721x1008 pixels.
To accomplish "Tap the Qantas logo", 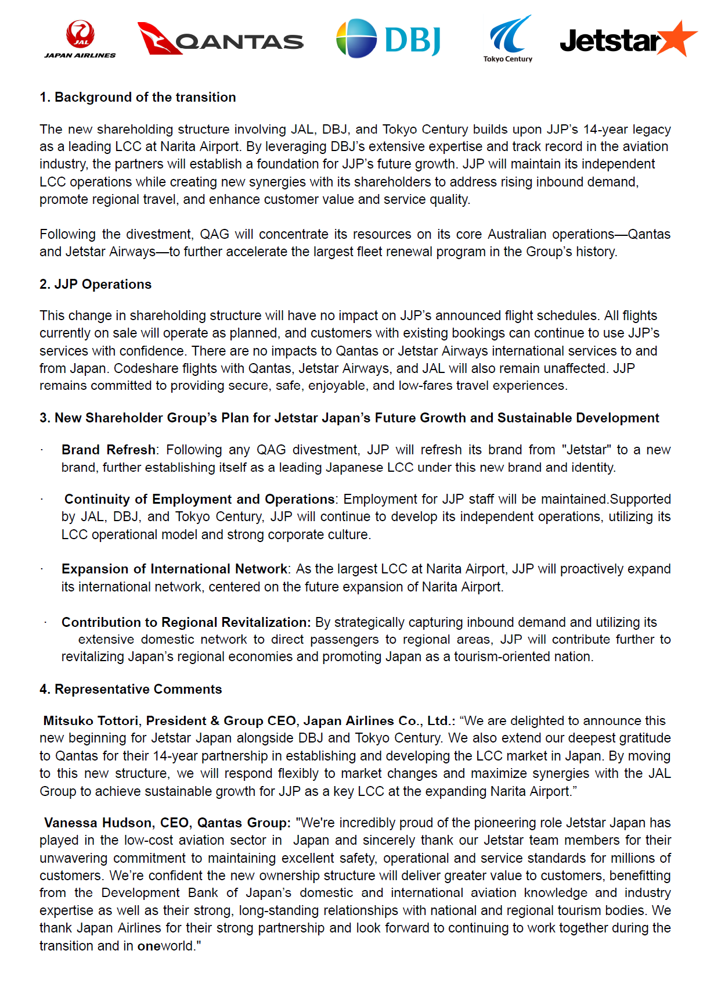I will click(220, 40).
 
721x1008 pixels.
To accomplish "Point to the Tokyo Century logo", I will click(509, 38).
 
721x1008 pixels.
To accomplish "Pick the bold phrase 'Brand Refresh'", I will click(109, 450).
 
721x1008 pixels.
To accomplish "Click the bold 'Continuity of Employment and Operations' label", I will click(199, 499).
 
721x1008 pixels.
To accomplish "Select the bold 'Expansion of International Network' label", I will click(174, 569).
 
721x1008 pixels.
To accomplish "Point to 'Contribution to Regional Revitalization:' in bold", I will click(186, 622).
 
